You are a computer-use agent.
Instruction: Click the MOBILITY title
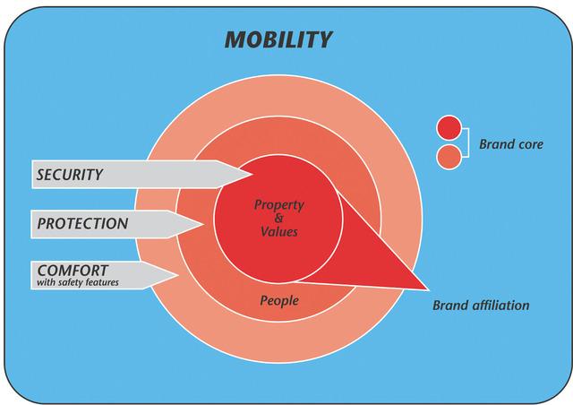pos(278,39)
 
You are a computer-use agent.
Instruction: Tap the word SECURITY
pos(70,175)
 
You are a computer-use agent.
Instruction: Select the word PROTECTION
pos(82,223)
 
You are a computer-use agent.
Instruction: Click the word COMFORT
pos(73,271)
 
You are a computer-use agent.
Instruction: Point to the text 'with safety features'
pos(78,282)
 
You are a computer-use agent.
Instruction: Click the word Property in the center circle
pos(278,205)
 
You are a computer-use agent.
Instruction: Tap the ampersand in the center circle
pos(278,219)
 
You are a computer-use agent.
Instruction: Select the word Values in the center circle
pos(279,231)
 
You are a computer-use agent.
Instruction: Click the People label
pos(279,301)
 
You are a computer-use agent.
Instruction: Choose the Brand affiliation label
pos(481,306)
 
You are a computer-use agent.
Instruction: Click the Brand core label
pos(511,144)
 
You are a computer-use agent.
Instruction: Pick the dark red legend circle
pos(449,128)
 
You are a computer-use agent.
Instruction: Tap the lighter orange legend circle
pos(449,158)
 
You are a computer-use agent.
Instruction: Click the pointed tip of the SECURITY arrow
pos(252,174)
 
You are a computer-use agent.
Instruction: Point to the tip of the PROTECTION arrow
pos(203,224)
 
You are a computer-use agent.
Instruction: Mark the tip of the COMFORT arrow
pos(178,275)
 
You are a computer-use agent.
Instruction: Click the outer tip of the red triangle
pos(428,289)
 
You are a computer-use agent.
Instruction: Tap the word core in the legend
pos(529,144)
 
